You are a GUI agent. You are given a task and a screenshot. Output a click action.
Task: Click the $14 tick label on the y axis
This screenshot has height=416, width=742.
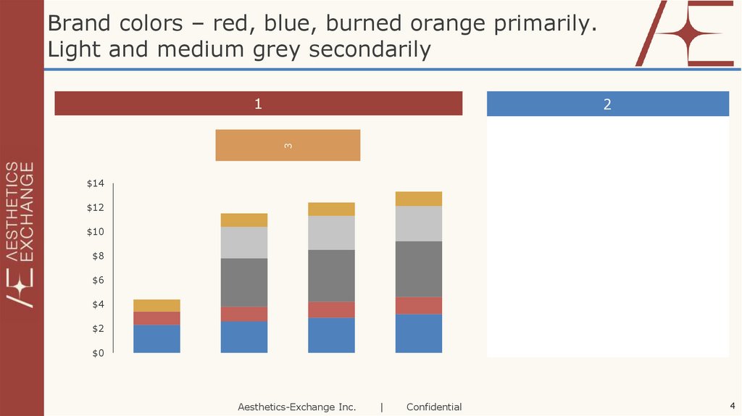tap(96, 184)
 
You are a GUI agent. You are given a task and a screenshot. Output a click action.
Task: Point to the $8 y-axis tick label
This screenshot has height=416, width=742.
tap(98, 257)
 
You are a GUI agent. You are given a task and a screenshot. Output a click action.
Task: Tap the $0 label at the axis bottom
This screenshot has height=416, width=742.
tap(98, 353)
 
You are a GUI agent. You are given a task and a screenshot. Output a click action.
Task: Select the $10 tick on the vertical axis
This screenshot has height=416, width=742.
tap(96, 232)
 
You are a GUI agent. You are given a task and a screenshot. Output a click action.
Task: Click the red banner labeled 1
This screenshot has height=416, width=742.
tap(258, 104)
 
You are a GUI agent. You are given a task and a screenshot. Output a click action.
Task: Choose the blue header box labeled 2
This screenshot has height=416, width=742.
tap(607, 104)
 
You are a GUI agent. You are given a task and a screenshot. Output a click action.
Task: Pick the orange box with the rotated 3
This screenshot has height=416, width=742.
tap(288, 145)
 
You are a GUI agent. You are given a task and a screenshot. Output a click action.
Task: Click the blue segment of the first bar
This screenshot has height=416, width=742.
tap(157, 338)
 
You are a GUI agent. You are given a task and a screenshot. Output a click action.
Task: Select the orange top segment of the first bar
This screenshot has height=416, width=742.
tap(157, 305)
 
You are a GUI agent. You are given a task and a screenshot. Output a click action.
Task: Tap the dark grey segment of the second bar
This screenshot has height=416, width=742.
tap(243, 282)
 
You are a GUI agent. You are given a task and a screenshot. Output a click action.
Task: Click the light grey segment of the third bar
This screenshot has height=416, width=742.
tap(331, 233)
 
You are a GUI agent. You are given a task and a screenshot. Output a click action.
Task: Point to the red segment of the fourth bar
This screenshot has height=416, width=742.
tap(419, 305)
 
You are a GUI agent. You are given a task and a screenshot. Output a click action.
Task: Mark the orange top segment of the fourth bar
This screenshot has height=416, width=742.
tap(419, 199)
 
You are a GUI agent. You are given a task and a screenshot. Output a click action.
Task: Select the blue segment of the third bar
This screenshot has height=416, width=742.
tap(331, 335)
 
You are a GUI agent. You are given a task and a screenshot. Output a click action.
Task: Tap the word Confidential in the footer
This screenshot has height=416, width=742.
tap(434, 407)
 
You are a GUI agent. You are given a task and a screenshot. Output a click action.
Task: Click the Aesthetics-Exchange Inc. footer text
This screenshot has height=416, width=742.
tap(297, 407)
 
